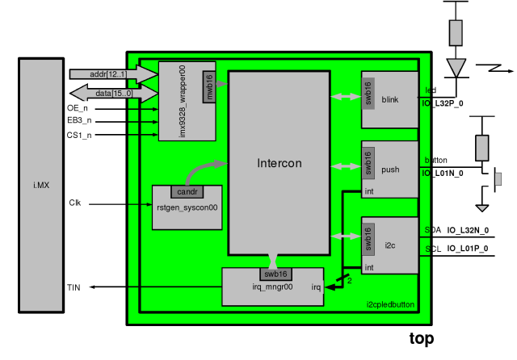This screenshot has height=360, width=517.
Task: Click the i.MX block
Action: [x=41, y=185]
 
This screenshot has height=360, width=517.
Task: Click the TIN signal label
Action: [x=74, y=287]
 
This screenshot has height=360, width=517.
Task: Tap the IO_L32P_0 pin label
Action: [x=444, y=104]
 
